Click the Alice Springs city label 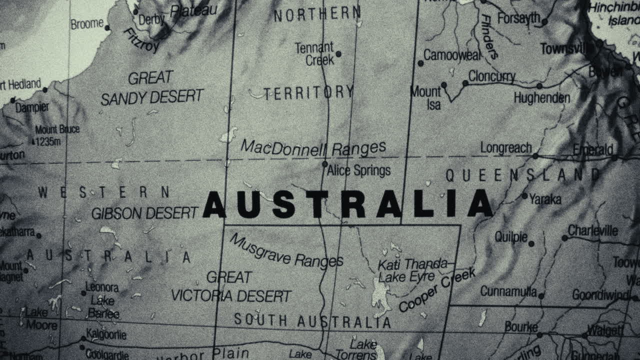tap(358, 170)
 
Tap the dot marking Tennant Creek tap(338, 54)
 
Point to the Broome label tap(87, 24)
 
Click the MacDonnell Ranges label tap(313, 148)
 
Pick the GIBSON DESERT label tap(144, 213)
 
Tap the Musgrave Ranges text tap(286, 251)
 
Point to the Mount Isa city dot tap(443, 85)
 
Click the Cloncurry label tap(491, 76)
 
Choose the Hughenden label tap(542, 97)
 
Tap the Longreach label tap(505, 148)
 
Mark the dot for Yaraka tap(524, 195)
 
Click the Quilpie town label tap(511, 236)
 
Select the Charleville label tap(592, 231)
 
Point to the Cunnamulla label tap(508, 291)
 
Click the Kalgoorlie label tap(106, 334)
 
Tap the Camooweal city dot tap(420, 63)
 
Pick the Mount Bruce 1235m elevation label tap(56, 135)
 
